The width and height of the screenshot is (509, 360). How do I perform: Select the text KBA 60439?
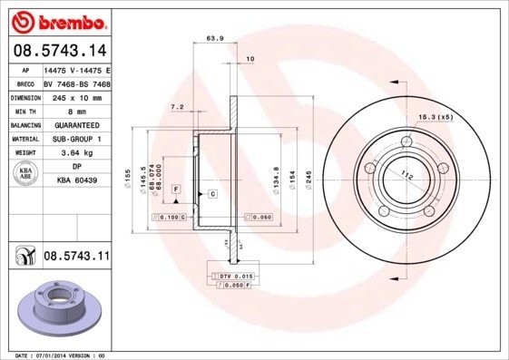pyautogui.click(x=76, y=181)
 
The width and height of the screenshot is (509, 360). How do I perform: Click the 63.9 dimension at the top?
pyautogui.click(x=215, y=39)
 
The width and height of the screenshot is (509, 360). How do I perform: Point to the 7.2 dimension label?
pyautogui.click(x=177, y=107)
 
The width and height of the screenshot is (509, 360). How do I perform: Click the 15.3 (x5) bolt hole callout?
pyautogui.click(x=436, y=117)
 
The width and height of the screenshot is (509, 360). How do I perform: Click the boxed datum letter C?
pyautogui.click(x=211, y=194)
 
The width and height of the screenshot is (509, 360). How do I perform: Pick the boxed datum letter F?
pyautogui.click(x=177, y=188)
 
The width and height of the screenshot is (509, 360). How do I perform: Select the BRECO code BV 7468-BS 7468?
pyautogui.click(x=76, y=83)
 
